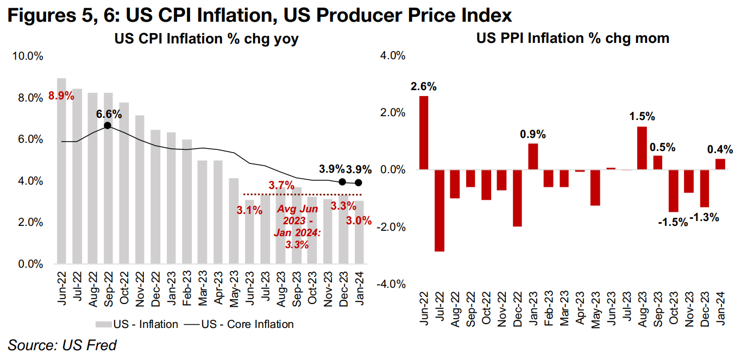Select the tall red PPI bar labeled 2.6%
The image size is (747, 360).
[424, 133]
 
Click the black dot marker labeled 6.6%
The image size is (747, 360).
[108, 125]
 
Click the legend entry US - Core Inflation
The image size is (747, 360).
[242, 324]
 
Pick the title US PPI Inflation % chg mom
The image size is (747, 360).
[573, 38]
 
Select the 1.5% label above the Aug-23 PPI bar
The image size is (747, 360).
[642, 116]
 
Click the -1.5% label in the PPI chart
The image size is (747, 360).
[672, 222]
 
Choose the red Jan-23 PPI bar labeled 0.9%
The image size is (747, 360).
[533, 156]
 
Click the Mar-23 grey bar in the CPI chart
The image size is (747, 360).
[202, 212]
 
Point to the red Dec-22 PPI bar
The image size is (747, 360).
[518, 198]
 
